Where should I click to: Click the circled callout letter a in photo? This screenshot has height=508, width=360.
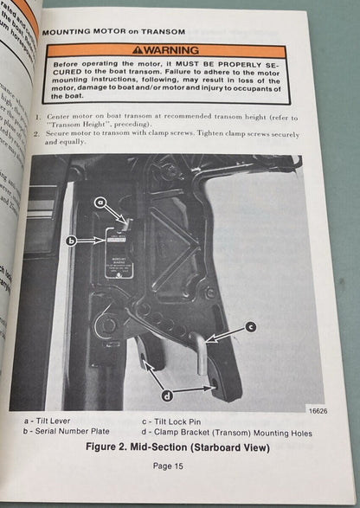pos(100,201)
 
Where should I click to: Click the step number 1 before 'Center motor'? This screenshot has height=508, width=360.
pos(40,117)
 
